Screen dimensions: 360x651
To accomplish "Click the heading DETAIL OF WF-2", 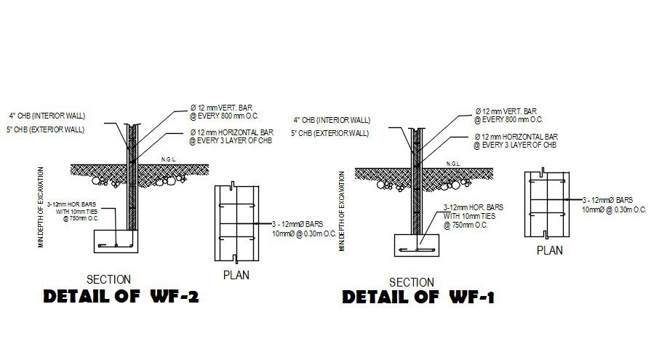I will click(x=121, y=297).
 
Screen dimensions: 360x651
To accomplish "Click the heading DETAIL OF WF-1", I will click(x=418, y=297).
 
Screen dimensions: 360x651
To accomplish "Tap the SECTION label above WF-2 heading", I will click(x=108, y=279).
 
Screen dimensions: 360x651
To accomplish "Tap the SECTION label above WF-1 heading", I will click(x=412, y=282).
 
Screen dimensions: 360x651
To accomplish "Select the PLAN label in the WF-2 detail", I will click(x=236, y=275).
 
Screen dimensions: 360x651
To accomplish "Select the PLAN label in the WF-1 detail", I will click(x=550, y=251).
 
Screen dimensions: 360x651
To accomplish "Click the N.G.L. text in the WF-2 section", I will click(x=168, y=159).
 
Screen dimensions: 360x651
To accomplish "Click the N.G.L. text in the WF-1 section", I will click(x=452, y=163).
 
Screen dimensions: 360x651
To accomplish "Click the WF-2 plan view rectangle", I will click(x=238, y=223).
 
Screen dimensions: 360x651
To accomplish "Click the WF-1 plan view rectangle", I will click(x=548, y=204).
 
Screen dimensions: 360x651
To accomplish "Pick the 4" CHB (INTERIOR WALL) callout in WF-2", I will click(x=46, y=116).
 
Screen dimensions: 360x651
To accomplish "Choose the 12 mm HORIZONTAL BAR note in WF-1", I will click(x=516, y=141).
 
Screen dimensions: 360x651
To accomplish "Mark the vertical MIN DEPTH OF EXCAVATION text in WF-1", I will click(x=342, y=211).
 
